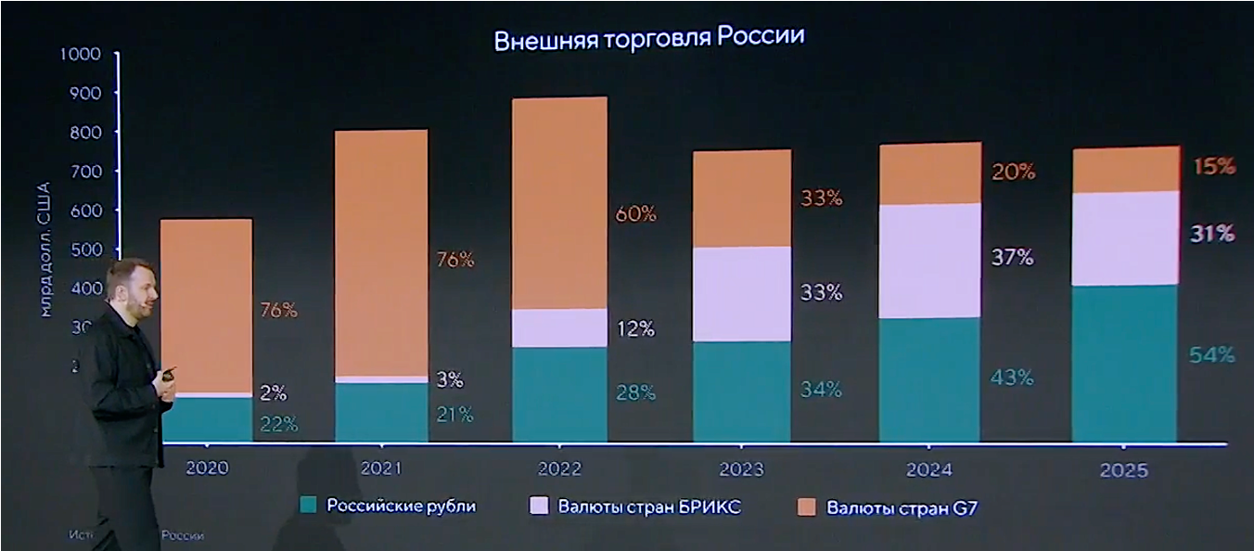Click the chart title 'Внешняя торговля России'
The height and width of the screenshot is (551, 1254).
pos(648,39)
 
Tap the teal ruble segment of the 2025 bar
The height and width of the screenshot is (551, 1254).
pos(1124,363)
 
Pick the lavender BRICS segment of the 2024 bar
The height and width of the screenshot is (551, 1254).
pos(929,261)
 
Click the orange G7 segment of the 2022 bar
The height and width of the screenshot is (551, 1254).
pos(559,202)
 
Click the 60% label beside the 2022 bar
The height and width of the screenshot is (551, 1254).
pos(635,213)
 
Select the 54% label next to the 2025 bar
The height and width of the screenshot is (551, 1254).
pos(1213,354)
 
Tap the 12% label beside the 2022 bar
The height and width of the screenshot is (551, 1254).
pos(635,328)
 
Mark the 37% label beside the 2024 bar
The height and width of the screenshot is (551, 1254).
pos(1013,257)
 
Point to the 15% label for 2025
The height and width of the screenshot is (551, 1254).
pos(1213,167)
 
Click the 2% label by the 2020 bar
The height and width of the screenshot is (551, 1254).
pos(272,392)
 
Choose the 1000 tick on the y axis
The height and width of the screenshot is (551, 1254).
pos(79,53)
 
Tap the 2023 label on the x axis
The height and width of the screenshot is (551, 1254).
pos(743,469)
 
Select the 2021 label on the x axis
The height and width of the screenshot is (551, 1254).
pos(380,468)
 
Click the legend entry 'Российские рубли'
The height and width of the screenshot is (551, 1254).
pos(401,506)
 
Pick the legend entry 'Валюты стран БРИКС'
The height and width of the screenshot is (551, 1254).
pos(649,506)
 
